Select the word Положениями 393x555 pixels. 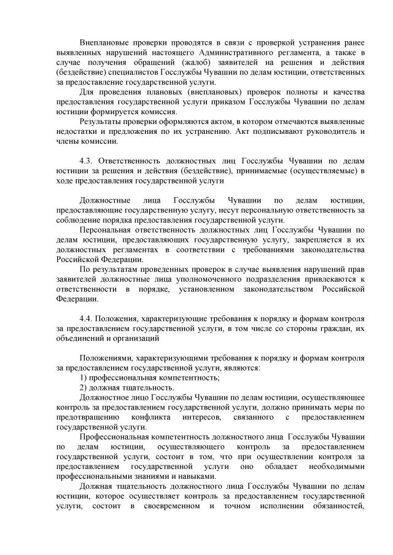106,358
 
